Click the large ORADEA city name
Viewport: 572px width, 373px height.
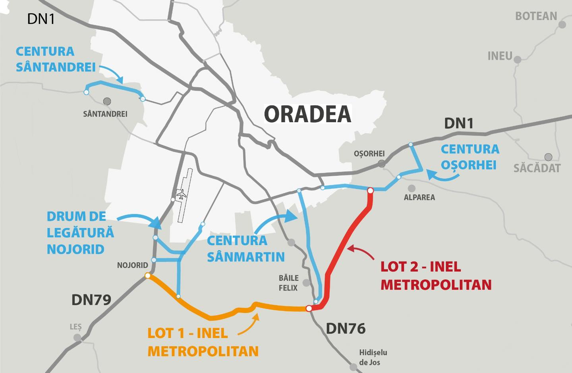coord(308,114)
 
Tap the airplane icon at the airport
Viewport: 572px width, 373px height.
coord(182,195)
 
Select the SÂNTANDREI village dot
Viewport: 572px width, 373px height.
coord(107,101)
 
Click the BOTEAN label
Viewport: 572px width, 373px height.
coord(536,16)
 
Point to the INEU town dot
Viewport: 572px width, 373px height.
coord(517,60)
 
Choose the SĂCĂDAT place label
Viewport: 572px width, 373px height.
coord(537,168)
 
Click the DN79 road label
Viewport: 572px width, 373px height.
coord(91,300)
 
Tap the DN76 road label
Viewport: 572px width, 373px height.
coord(346,329)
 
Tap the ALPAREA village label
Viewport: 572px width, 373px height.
coord(419,197)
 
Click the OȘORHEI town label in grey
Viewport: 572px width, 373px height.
coord(369,154)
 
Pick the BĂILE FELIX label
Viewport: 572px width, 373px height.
coord(288,283)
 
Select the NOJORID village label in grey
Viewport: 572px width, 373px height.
coord(132,265)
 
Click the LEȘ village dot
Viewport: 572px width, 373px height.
coord(77,338)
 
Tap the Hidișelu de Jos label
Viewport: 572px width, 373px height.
coord(373,357)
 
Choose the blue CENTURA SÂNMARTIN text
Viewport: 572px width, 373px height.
coord(245,249)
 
